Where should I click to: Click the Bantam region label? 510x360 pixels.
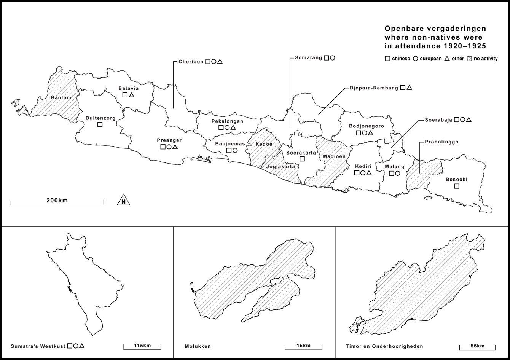pos(61,98)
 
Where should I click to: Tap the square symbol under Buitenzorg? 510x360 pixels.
pos(100,124)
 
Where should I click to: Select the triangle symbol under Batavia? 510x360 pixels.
pos(131,95)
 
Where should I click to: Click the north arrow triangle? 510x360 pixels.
pos(123,201)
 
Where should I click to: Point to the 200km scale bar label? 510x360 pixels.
pos(57,201)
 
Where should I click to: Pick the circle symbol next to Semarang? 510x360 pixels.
pos(332,58)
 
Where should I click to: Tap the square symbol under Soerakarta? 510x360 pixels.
pos(302,159)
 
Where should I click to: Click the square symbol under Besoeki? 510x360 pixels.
pos(457,186)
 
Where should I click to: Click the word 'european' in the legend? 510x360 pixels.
pos(430,59)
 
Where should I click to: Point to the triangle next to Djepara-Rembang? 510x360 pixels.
pos(409,88)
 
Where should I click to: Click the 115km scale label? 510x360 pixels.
pos(142,346)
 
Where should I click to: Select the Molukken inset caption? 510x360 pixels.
pos(198,346)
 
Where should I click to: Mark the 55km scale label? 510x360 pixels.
pos(477,346)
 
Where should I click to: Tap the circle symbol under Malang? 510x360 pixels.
pos(397,173)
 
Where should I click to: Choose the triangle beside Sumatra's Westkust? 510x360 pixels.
pos(82,346)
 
